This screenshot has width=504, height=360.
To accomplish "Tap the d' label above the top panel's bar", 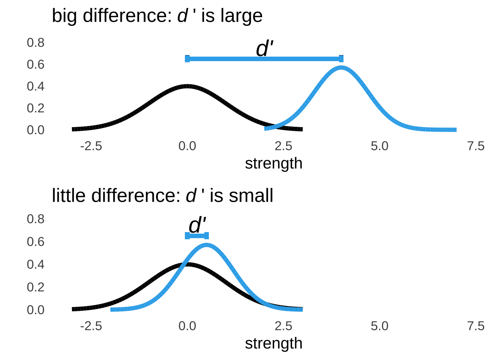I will (x=264, y=49).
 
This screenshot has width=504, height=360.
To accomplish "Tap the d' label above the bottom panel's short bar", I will (x=197, y=226).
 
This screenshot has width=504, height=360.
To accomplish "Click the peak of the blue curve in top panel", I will (x=341, y=68).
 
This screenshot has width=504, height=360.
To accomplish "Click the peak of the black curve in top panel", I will (x=187, y=86).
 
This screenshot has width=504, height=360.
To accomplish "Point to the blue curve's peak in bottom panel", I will (x=207, y=245).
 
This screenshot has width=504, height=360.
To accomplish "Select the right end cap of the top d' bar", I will (x=341, y=58).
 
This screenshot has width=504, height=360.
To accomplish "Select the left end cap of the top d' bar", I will (x=187, y=58).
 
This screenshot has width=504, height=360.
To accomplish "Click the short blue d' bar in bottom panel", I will (x=197, y=235).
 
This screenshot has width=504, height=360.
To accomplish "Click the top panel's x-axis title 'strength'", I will (x=273, y=163).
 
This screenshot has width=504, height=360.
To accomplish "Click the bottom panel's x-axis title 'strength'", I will (x=273, y=343).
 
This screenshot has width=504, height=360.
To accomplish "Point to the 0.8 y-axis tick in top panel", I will (x=36, y=43).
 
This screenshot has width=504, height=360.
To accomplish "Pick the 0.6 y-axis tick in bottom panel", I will (x=36, y=241).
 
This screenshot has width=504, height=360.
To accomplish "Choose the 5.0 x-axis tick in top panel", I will (x=379, y=146).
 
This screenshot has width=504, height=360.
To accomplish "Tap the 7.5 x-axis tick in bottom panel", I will (x=475, y=326).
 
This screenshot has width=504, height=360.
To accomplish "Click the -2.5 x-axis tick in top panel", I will (x=91, y=146).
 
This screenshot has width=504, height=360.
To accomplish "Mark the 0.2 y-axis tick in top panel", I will (x=36, y=108).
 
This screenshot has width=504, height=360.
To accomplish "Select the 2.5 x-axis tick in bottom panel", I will (x=283, y=326).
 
